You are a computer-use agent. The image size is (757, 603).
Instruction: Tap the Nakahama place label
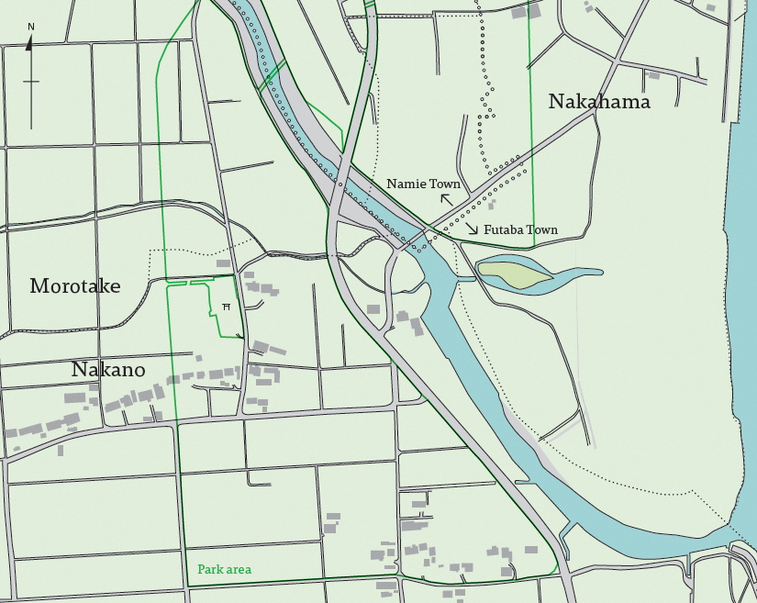click(598, 102)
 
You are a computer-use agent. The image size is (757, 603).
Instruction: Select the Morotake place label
click(75, 286)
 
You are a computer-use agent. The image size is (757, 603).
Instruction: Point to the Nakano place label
click(108, 370)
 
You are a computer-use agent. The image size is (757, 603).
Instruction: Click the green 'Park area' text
click(224, 570)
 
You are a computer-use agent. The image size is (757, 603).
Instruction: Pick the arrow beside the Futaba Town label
click(470, 228)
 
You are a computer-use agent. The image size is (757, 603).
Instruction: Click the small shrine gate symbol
click(226, 307)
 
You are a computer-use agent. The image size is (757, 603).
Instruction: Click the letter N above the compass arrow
click(31, 27)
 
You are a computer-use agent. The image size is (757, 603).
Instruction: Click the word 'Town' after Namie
click(445, 184)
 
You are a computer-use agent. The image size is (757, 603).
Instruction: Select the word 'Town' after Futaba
click(543, 230)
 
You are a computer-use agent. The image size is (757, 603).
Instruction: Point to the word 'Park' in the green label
click(210, 570)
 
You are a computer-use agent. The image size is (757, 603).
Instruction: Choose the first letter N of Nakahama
click(556, 102)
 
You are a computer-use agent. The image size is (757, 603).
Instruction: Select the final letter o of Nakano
click(139, 371)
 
